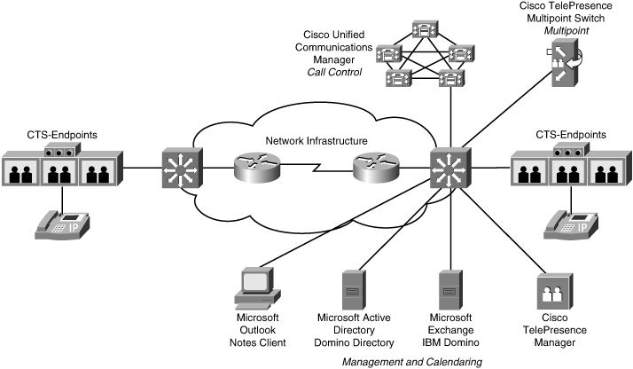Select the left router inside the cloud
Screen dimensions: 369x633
tap(256, 166)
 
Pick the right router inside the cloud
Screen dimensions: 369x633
tap(375, 166)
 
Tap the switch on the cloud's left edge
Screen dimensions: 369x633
tap(183, 166)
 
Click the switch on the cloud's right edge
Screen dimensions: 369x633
tap(449, 167)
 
